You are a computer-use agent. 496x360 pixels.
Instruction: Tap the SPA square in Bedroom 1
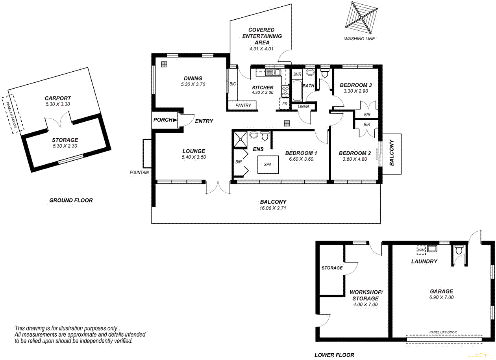[x=268, y=164]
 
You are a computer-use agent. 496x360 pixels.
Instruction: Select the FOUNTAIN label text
[x=140, y=173]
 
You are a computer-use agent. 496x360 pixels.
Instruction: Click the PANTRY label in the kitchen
[x=243, y=106]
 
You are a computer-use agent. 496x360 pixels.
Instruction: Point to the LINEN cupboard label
[x=303, y=106]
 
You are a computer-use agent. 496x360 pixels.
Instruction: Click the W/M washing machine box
[x=421, y=250]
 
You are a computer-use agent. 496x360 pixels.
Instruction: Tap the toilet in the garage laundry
[x=459, y=250]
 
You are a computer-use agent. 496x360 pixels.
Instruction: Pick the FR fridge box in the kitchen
[x=284, y=104]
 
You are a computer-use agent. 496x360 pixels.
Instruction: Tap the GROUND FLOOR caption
[x=71, y=200]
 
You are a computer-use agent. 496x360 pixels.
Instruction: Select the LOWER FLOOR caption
[x=334, y=355]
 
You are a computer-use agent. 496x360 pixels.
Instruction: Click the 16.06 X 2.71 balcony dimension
[x=273, y=208]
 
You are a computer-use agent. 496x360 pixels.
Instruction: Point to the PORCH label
[x=163, y=120]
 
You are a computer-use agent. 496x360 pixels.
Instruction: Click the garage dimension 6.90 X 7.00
[x=441, y=297]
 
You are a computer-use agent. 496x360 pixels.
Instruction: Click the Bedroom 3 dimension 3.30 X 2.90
[x=355, y=91]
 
